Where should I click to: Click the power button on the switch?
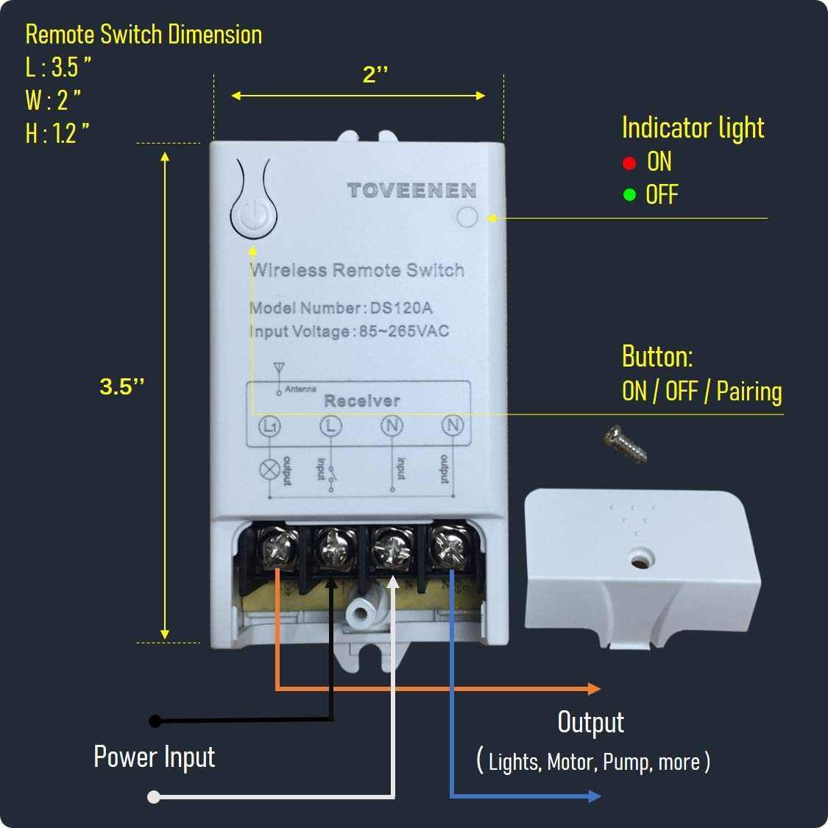tap(255, 216)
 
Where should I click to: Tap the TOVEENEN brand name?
tap(412, 191)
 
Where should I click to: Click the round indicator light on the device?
tap(467, 217)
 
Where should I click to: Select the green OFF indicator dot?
tap(629, 195)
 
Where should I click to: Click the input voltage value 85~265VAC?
tap(403, 331)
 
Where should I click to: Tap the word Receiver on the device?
tap(362, 401)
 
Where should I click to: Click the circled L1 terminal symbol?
tap(270, 425)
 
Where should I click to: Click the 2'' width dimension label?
tap(375, 75)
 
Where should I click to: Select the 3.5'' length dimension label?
tap(122, 387)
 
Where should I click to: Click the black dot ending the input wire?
tap(155, 721)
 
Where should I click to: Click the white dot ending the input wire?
tap(154, 796)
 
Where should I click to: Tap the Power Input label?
tap(155, 757)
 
